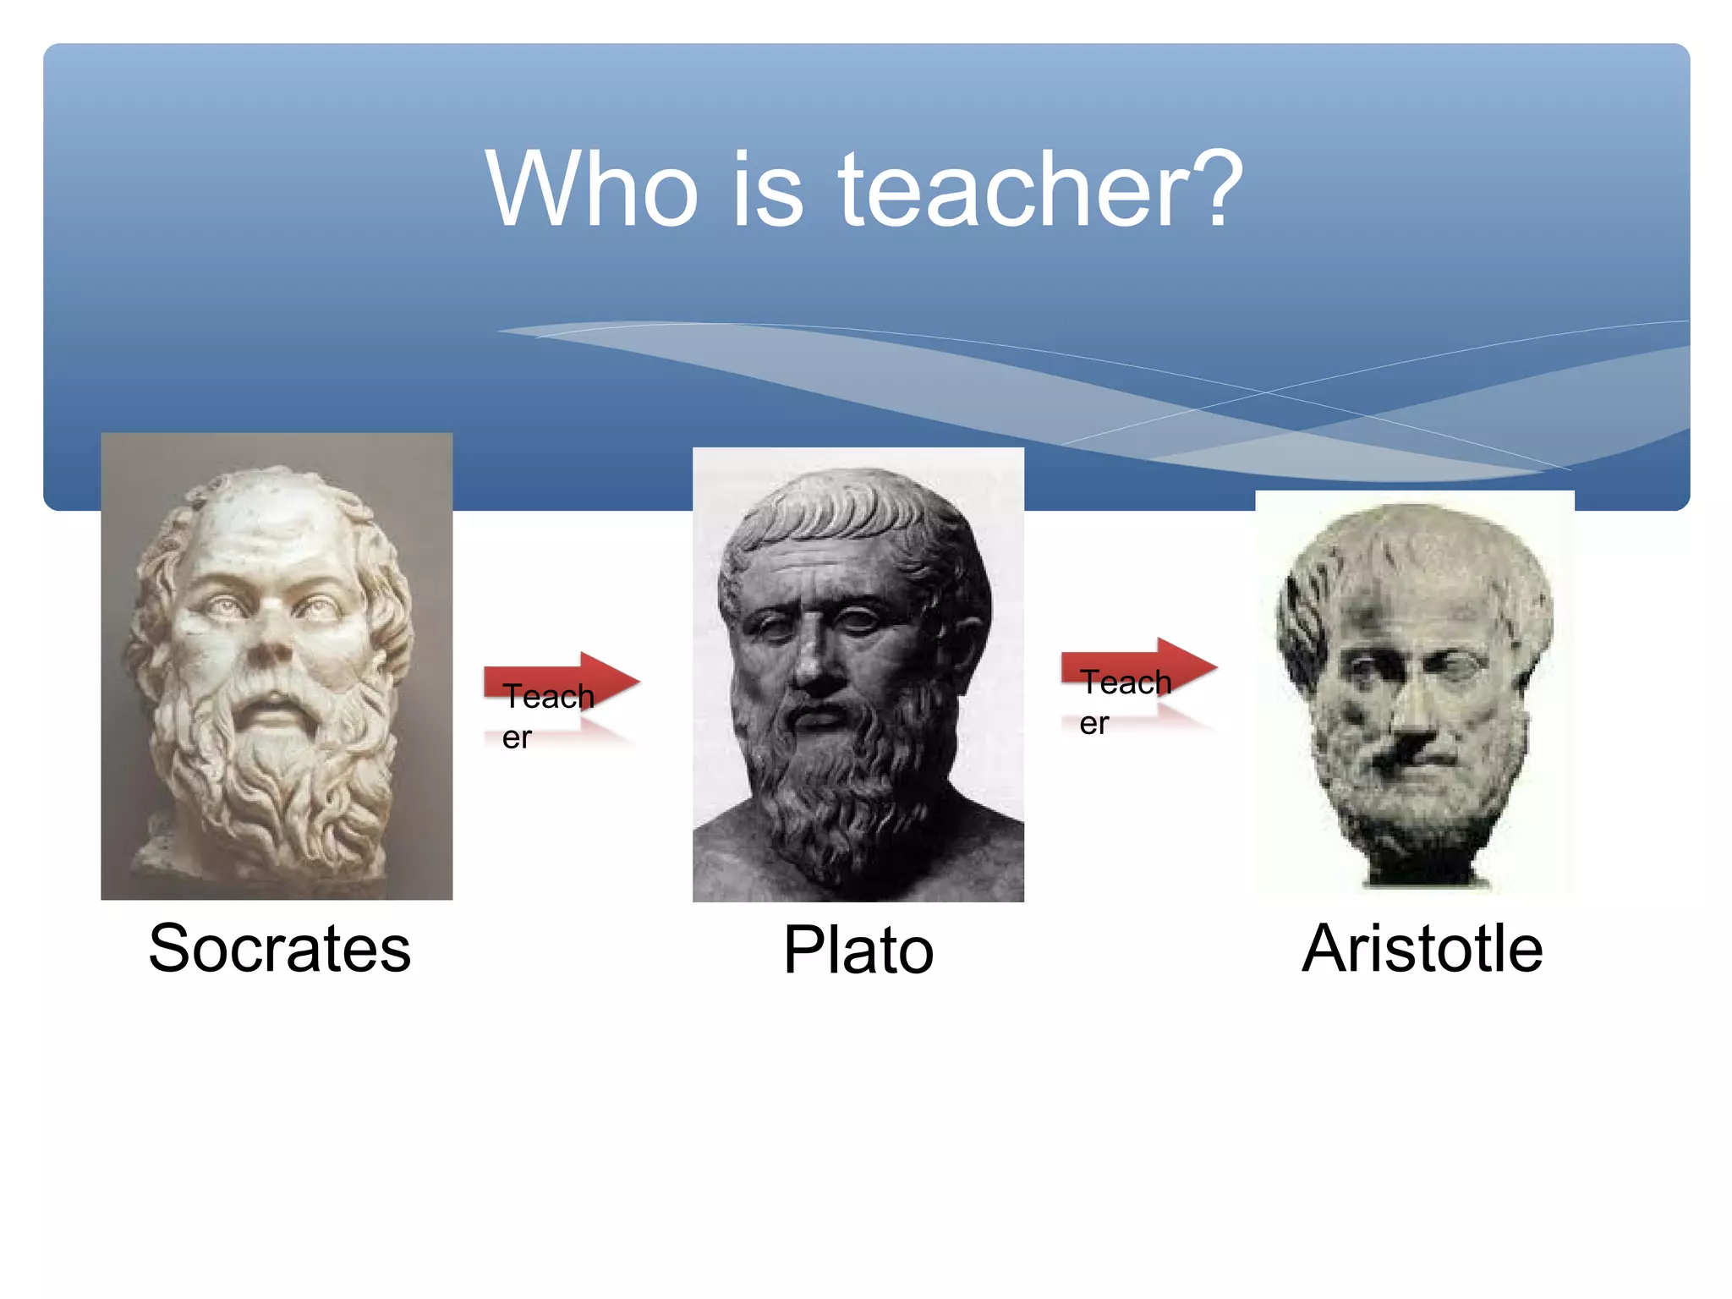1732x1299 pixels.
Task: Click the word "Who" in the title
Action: (x=591, y=189)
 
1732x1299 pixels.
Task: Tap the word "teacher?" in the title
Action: (x=1040, y=189)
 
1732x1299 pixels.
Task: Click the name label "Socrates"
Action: (x=279, y=948)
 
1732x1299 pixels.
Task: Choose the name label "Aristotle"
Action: (x=1422, y=948)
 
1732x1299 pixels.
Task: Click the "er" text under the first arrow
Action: (x=516, y=738)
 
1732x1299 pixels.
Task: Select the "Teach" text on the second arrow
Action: (x=1126, y=682)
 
